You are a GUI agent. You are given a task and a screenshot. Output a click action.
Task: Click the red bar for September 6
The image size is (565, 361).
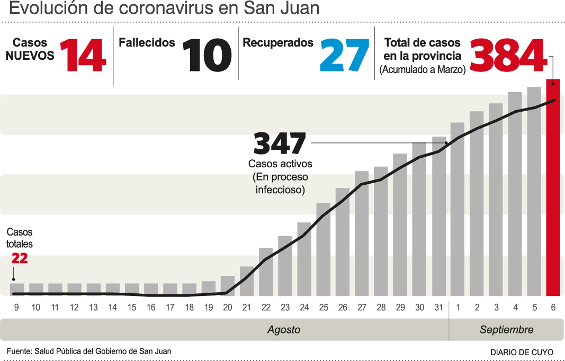click(553, 188)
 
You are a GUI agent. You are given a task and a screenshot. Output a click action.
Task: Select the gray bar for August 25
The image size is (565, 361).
click(324, 249)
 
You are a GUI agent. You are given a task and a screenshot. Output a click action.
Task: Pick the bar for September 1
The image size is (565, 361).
click(458, 209)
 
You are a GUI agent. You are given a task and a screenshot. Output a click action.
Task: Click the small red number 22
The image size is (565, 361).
click(19, 258)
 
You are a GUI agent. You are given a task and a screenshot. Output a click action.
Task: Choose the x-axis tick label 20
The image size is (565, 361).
click(228, 308)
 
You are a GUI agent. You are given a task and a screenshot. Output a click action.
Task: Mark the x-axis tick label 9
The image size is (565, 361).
click(16, 308)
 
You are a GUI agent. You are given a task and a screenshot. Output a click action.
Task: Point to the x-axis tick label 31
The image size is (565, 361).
click(438, 308)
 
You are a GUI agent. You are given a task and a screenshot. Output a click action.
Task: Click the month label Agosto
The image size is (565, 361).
click(283, 330)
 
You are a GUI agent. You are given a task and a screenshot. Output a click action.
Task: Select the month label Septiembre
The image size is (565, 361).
click(506, 330)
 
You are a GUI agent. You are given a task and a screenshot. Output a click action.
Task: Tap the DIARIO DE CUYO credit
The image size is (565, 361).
click(522, 352)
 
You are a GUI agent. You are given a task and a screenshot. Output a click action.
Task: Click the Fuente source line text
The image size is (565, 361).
click(89, 351)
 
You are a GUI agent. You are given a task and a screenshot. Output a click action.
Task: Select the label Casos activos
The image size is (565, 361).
click(280, 164)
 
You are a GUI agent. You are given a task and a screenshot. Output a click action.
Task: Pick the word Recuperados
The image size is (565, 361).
click(278, 43)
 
